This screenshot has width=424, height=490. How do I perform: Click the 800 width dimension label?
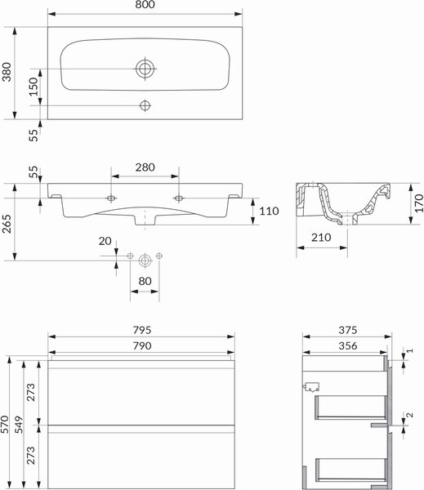coord(145,4)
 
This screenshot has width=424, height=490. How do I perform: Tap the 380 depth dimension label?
coord(7,72)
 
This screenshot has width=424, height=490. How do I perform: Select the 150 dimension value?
coord(33,87)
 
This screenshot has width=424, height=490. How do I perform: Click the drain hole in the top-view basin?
coord(145,69)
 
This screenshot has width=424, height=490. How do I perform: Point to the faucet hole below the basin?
coord(145,105)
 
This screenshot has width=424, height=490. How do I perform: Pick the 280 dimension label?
coord(145,167)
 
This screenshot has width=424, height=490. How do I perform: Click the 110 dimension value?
coord(270,211)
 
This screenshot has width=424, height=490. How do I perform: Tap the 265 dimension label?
coord(7,224)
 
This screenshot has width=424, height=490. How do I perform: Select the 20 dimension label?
coord(105,241)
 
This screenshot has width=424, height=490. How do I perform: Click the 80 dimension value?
coord(145,281)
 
